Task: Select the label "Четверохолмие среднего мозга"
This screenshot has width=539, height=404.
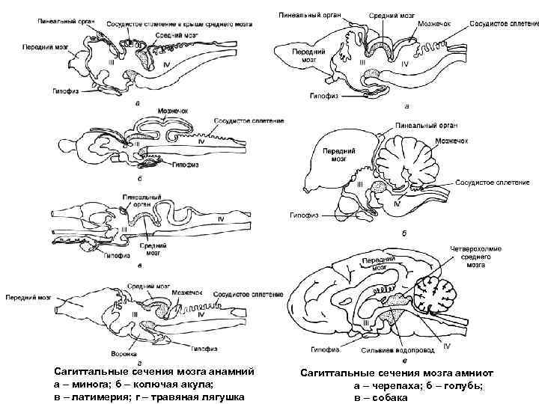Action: click(471, 254)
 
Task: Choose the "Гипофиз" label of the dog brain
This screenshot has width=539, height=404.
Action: click(321, 349)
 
